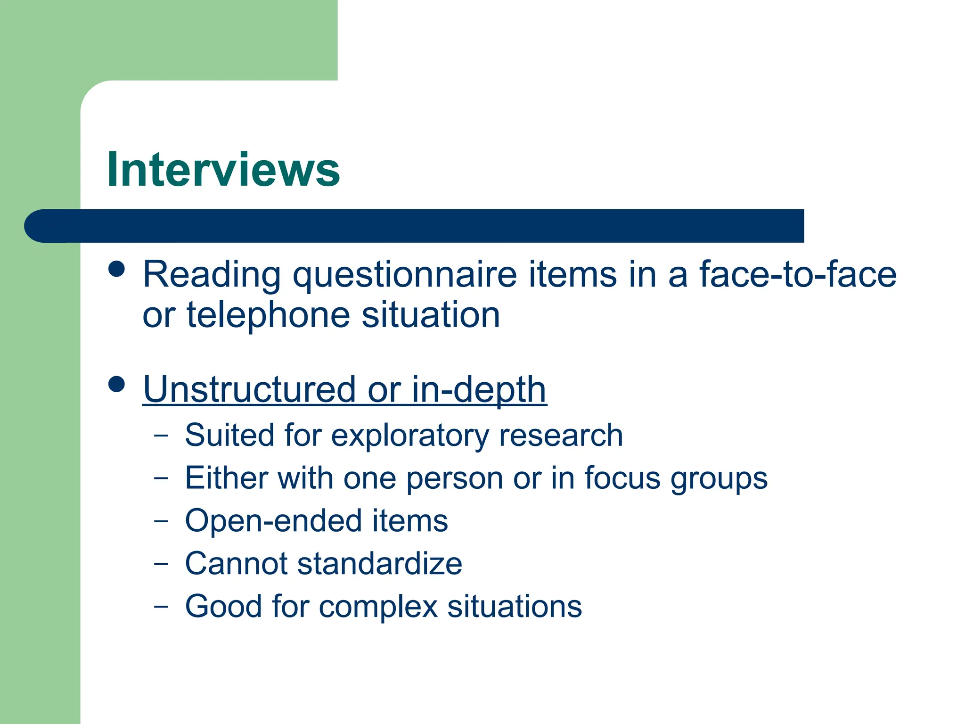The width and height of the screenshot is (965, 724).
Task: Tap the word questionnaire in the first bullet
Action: pos(405,275)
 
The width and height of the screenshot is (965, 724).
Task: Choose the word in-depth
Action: pos(479,390)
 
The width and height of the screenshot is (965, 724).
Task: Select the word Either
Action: pos(227,478)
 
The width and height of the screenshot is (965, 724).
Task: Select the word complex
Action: pos(378,607)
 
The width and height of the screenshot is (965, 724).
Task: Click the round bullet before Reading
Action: pos(116,269)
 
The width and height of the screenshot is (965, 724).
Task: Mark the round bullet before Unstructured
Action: pos(116,384)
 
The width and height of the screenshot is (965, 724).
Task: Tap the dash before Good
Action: pos(161,606)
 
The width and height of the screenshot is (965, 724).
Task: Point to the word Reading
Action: pos(212,275)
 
